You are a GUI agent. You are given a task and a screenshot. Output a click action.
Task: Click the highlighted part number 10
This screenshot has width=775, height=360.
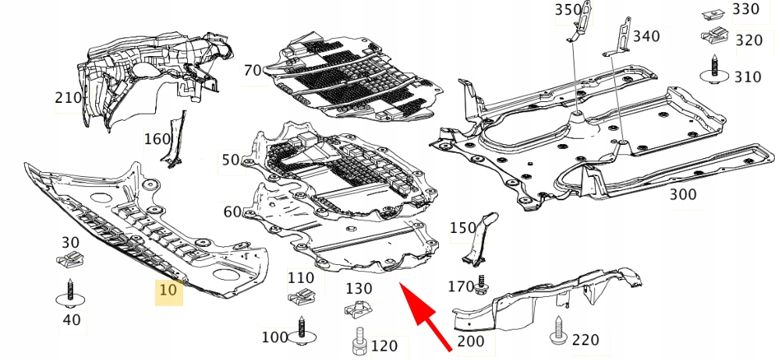169,291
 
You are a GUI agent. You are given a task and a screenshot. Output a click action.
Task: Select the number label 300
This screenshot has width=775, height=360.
683,194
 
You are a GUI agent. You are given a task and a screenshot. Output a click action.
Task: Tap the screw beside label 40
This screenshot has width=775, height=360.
69,294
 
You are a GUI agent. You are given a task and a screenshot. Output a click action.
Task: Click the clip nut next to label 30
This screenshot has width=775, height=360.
70,263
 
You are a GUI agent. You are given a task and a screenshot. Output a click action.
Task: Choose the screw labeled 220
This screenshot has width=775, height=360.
559,333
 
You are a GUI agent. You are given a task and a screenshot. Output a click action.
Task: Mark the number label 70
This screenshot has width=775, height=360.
252,71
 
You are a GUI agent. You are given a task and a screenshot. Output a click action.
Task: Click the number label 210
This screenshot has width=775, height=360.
69,98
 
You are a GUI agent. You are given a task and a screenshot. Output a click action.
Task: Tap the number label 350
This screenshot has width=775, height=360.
568,9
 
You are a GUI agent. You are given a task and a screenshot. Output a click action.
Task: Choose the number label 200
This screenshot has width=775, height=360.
470,341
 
